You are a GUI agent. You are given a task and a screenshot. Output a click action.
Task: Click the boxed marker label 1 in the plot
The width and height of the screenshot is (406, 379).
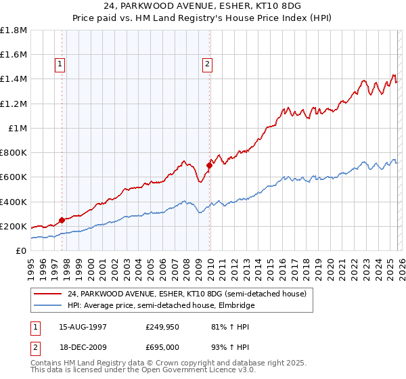60,64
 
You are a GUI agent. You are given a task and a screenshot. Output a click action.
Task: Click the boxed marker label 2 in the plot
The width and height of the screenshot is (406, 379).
207,64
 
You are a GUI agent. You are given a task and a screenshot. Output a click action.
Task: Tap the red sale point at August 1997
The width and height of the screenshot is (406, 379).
62,219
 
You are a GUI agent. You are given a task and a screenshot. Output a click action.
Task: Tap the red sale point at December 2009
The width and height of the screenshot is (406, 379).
209,164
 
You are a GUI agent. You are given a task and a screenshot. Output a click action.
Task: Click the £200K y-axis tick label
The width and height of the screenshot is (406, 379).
14,226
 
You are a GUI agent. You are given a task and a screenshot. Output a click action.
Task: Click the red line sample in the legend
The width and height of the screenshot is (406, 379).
47,294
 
